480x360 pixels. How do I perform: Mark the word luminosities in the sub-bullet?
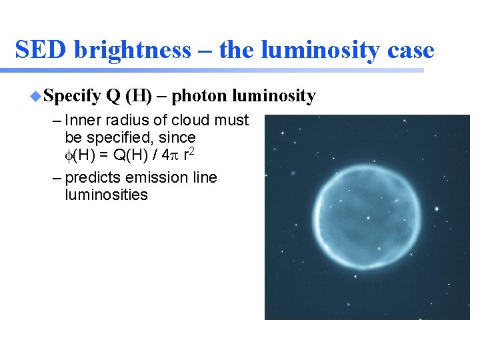click(106, 195)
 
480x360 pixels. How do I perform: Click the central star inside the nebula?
click(369, 217)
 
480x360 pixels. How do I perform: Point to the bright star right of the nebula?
click(437, 209)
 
